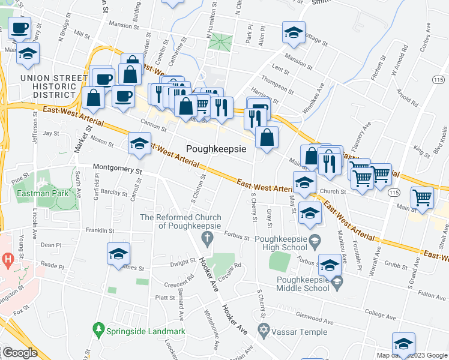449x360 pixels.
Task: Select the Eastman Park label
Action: [x=37, y=194]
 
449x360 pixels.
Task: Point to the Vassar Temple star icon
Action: [x=262, y=331]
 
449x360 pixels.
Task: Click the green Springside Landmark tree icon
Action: [x=98, y=329]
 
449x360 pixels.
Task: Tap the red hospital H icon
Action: [x=8, y=260]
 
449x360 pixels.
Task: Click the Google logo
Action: [x=20, y=352]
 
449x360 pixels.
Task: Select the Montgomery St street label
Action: [x=116, y=170]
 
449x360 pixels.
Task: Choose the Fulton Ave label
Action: [x=432, y=293]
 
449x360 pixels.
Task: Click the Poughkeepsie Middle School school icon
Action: [x=337, y=282]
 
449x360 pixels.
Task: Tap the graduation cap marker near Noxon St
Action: [x=139, y=143]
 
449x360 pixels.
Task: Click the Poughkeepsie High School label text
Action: [x=280, y=243]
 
